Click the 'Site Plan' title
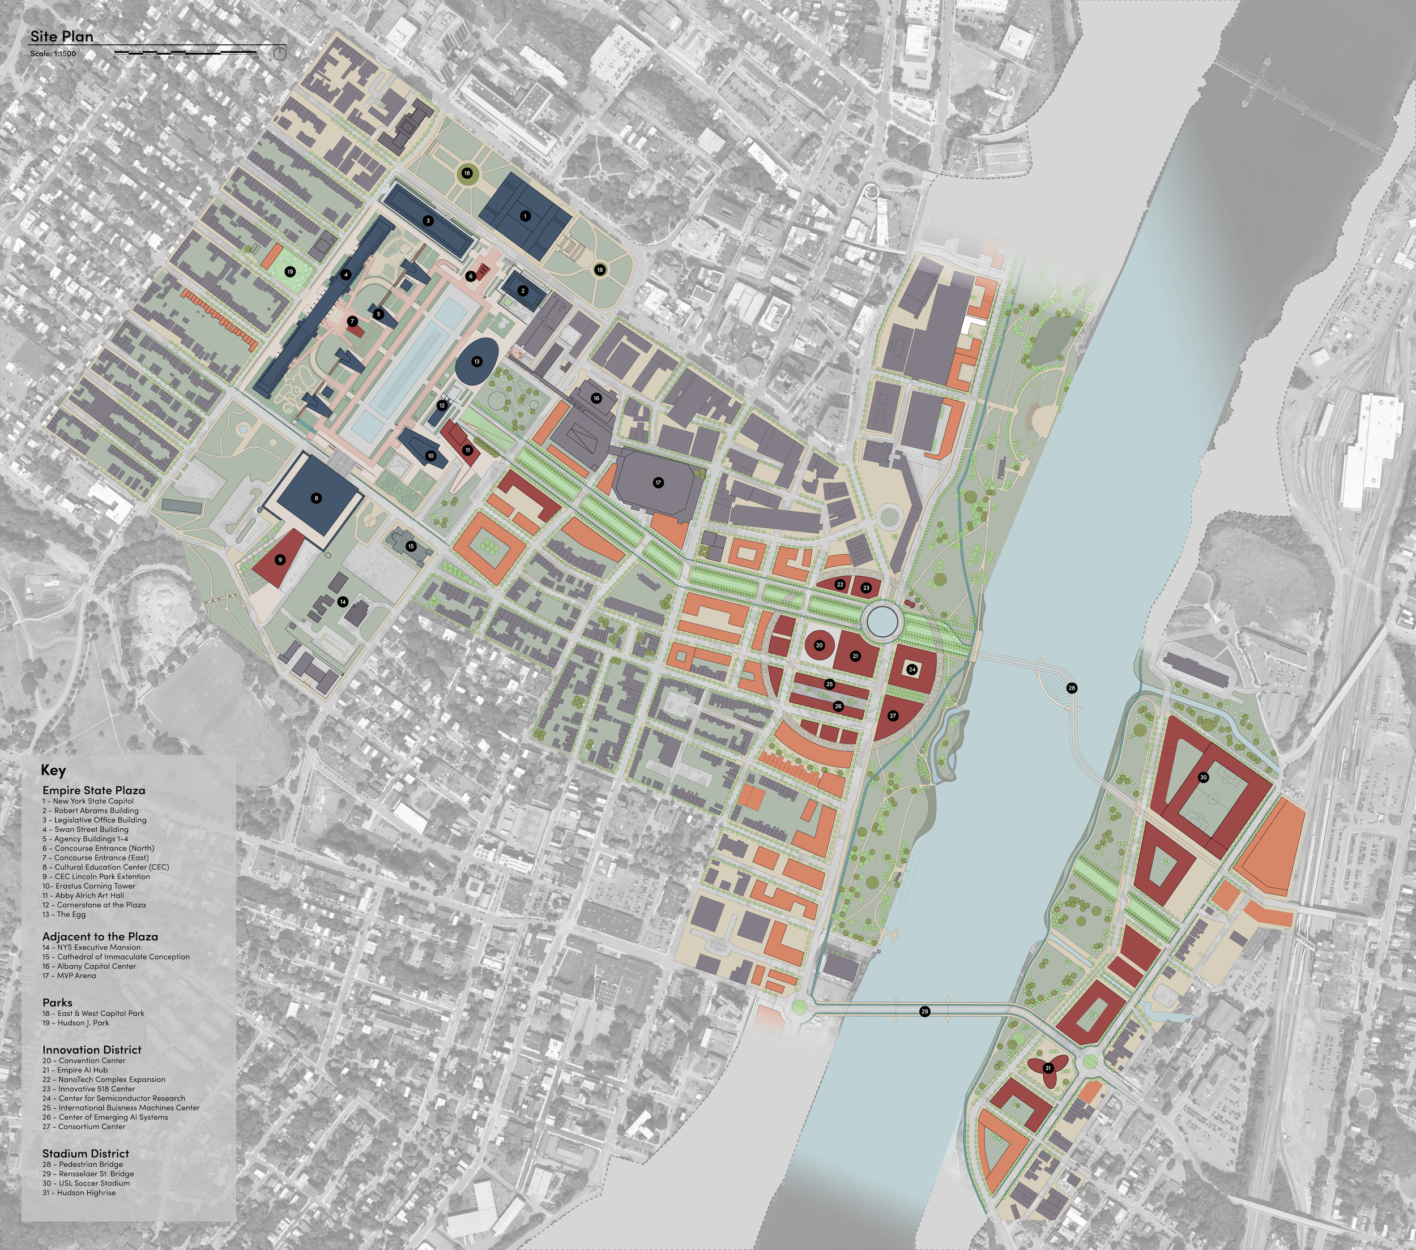tap(62, 37)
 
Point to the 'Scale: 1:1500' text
tap(53, 54)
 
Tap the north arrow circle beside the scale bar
tap(280, 53)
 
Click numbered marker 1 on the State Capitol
tap(525, 216)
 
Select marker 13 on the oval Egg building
tap(476, 362)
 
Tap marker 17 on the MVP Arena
tap(658, 483)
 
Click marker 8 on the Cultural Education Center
tap(317, 498)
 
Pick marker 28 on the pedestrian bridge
tap(1072, 688)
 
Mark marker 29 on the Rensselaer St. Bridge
tap(924, 1012)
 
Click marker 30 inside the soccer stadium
tap(1204, 777)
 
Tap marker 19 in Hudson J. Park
tap(290, 272)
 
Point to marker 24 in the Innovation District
tap(912, 670)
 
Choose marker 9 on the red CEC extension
tap(280, 559)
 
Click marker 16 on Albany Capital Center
tap(596, 398)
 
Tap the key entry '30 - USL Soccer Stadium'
tap(86, 1183)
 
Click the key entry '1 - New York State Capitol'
tap(88, 801)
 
